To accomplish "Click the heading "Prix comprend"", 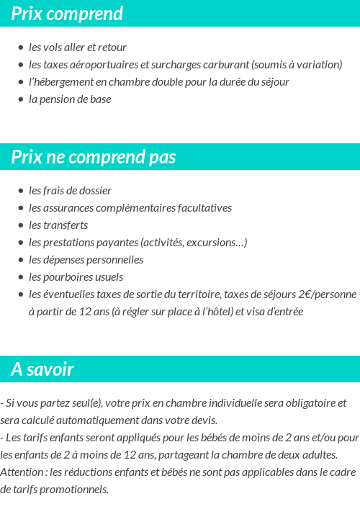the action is coord(67,14).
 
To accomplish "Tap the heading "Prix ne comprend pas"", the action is coord(94,157).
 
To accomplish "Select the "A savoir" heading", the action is coord(42,369).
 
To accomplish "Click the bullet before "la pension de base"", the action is coord(21,99).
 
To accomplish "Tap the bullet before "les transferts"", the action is coord(21,225).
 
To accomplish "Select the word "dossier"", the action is coord(94,191).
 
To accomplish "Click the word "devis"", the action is coord(203,420).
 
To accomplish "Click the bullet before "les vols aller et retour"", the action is coord(21,48).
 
